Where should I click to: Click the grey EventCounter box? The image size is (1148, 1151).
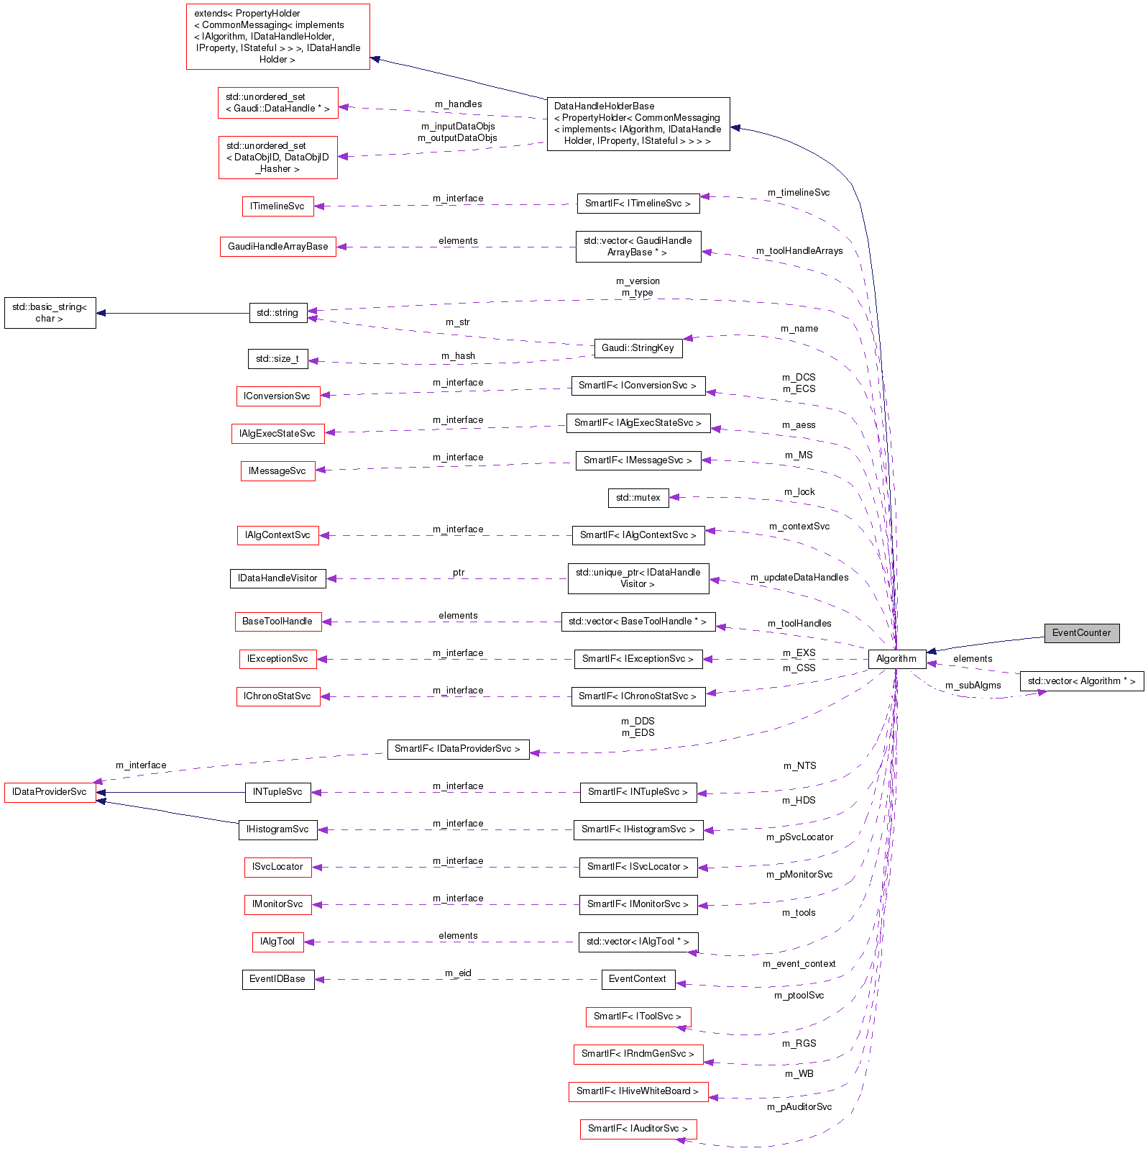pos(1081,633)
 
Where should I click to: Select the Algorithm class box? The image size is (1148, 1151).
pos(896,659)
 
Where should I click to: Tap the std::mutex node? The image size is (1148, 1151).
pos(638,498)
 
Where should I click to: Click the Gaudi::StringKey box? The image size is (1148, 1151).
pos(638,348)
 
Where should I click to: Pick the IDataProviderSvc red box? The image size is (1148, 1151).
pos(50,792)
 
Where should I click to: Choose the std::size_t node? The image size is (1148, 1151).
pos(277,359)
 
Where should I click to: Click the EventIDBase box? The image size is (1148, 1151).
pos(277,979)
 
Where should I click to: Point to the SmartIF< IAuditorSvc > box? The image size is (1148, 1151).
pos(638,1129)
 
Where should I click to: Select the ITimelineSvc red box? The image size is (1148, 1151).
pos(277,206)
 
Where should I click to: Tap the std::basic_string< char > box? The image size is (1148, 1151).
pos(50,313)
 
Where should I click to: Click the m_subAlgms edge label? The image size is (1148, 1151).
pos(973,686)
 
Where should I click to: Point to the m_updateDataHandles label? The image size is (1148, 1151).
pos(799,578)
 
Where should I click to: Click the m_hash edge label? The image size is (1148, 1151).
pos(458,356)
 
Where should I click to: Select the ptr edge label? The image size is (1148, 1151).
pos(459,573)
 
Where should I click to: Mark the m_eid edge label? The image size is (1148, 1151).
pos(458,973)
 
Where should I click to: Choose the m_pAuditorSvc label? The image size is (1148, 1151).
pos(799,1107)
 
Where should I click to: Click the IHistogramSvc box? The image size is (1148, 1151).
pos(277,829)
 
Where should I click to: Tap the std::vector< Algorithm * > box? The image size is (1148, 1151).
pos(1081,681)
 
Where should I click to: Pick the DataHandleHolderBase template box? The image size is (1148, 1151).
pos(638,124)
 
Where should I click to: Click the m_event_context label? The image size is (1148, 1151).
pos(799,964)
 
